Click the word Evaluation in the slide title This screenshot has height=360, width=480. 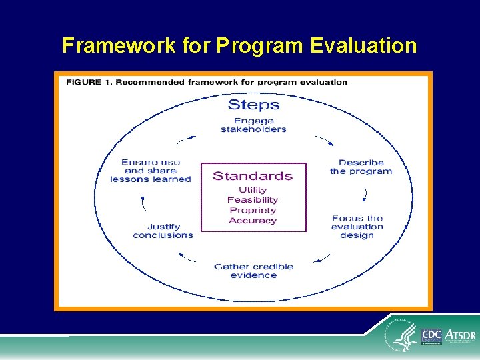(363, 45)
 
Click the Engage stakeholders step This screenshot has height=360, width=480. (253, 125)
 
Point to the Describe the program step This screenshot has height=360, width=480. (361, 167)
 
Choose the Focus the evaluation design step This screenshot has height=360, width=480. (357, 227)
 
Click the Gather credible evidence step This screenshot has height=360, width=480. (253, 271)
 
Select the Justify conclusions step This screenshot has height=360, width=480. (163, 231)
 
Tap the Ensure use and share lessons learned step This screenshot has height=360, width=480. (151, 171)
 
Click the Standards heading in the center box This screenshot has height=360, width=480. (253, 176)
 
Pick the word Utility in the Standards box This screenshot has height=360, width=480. (253, 190)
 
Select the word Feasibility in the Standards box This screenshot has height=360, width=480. (253, 200)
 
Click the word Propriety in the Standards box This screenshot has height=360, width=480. (253, 211)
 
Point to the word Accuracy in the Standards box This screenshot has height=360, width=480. (253, 221)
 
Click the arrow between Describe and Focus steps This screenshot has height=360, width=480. (365, 194)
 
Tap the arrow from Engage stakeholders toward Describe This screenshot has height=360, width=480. (323, 141)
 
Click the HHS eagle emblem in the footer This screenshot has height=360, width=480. (404, 337)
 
